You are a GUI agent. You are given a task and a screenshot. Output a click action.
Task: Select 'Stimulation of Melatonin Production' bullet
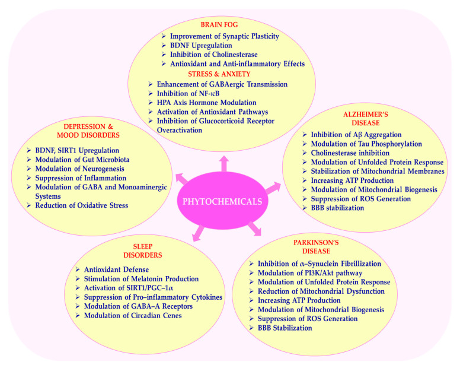[140, 278]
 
